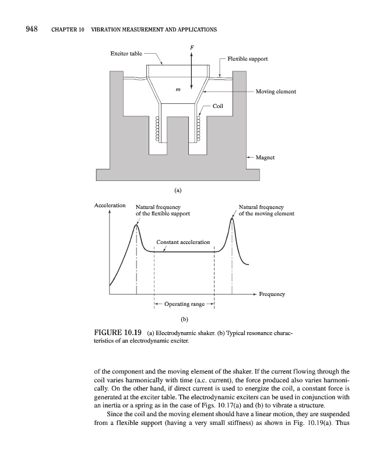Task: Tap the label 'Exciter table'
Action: pos(126,54)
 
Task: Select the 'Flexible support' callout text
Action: pos(248,60)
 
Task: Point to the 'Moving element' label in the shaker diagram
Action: pos(276,92)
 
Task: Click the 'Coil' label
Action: pos(218,106)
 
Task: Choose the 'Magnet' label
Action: pos(266,158)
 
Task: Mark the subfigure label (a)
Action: pos(178,190)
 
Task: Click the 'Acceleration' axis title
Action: pos(110,205)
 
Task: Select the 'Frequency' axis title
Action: pos(272,294)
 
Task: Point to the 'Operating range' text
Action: pos(184,304)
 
